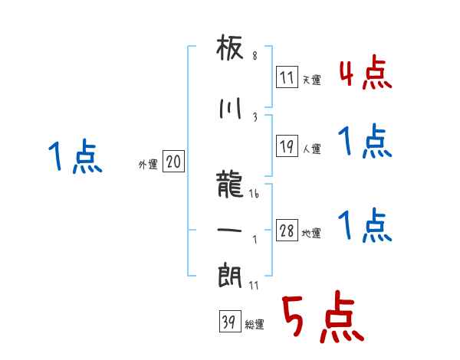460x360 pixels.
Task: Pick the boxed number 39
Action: pos(228,323)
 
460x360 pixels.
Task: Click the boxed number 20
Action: pos(173,162)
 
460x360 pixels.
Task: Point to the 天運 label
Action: pos(311,80)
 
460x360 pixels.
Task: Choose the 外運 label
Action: pos(147,164)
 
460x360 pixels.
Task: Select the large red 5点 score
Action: pos(321,319)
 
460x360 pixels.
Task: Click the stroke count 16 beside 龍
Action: pos(255,195)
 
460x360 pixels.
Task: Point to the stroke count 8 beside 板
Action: pos(255,56)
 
